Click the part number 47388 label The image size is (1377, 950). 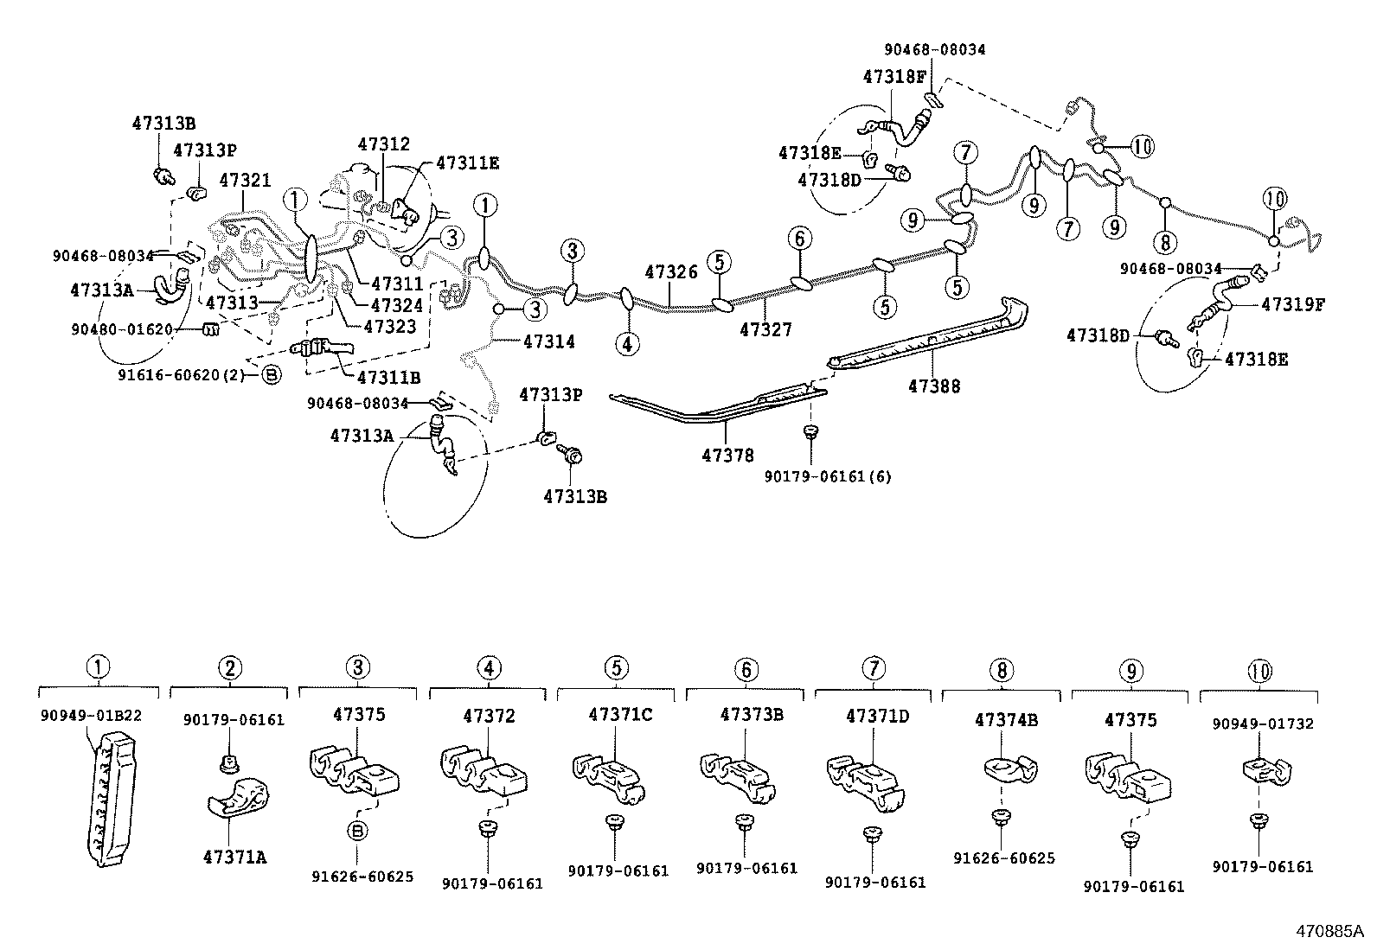point(933,387)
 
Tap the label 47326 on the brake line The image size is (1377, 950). point(671,271)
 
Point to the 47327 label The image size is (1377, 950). point(765,329)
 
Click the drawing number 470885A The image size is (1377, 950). point(1328,931)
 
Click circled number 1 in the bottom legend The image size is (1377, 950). point(99,667)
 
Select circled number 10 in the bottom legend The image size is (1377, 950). point(1259,670)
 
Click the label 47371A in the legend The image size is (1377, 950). point(234,857)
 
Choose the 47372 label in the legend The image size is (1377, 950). point(489,716)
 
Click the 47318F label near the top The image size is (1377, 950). point(893,76)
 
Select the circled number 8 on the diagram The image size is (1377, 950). point(1165,242)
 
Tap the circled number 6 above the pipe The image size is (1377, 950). point(800,238)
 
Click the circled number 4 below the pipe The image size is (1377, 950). point(628,343)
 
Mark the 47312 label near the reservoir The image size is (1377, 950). point(384,144)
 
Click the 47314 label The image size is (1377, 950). point(548,341)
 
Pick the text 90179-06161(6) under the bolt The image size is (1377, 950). point(828,476)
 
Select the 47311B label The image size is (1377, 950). point(389,377)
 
